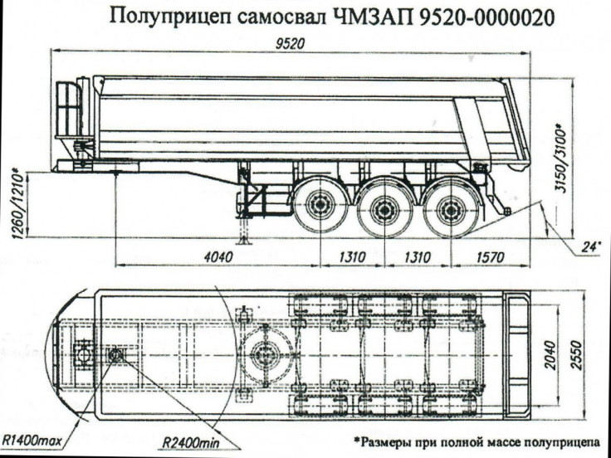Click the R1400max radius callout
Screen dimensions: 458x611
tap(34, 436)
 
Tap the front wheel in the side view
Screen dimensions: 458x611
tap(318, 209)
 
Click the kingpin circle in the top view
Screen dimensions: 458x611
tap(115, 355)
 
